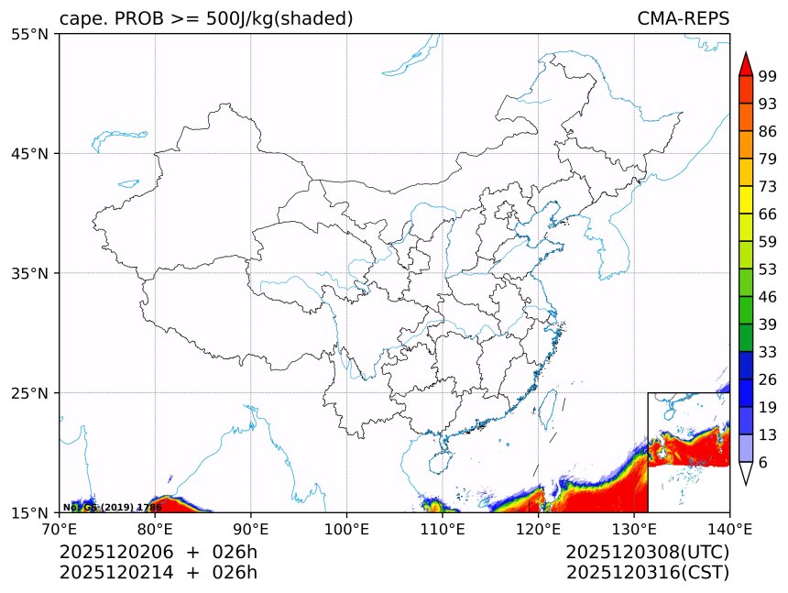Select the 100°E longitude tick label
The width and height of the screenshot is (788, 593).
pyautogui.click(x=346, y=529)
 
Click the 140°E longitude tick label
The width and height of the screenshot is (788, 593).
pyautogui.click(x=730, y=529)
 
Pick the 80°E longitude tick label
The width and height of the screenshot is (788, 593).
pyautogui.click(x=155, y=529)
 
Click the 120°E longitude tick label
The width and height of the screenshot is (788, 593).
pyautogui.click(x=538, y=529)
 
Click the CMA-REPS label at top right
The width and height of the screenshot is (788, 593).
pyautogui.click(x=683, y=19)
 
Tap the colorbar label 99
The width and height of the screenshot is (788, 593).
pyautogui.click(x=768, y=77)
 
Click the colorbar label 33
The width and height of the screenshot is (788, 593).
pyautogui.click(x=768, y=352)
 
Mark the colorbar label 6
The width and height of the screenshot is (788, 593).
pyautogui.click(x=763, y=463)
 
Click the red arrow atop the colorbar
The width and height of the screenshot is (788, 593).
pyautogui.click(x=745, y=63)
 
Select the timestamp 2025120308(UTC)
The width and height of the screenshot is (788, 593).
pyautogui.click(x=647, y=553)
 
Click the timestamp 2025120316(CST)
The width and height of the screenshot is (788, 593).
pyautogui.click(x=647, y=573)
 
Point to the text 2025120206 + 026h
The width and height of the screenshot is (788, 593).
pyautogui.click(x=159, y=553)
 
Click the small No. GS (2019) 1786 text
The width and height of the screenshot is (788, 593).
pyautogui.click(x=112, y=507)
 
